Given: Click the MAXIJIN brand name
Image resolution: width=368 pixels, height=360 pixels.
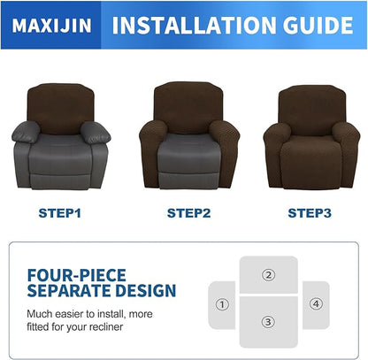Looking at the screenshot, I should tap(51, 25).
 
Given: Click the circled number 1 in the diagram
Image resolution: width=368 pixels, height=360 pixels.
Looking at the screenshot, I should tap(222, 303).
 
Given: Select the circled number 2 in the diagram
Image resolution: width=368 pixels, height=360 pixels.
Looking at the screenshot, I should tap(268, 275).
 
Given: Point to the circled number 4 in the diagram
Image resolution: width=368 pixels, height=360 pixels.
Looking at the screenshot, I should tap(315, 303).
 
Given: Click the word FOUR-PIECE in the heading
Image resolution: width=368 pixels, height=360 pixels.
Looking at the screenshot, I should tap(76, 274).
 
